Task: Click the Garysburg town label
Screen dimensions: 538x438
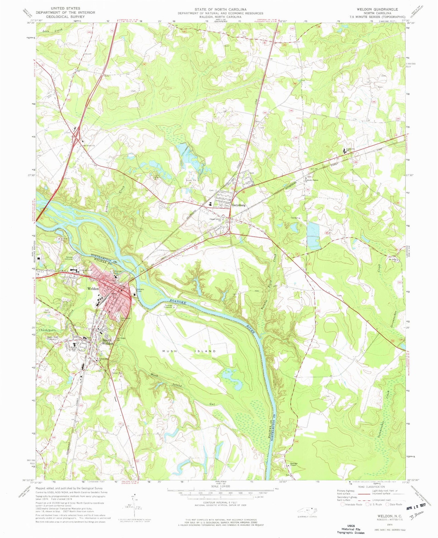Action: click(x=238, y=205)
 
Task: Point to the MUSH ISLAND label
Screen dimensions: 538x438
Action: click(x=189, y=351)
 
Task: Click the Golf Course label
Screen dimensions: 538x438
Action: click(x=47, y=311)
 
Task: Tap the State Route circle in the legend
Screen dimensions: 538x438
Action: click(x=387, y=504)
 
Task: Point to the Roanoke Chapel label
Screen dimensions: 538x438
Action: click(x=293, y=464)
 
